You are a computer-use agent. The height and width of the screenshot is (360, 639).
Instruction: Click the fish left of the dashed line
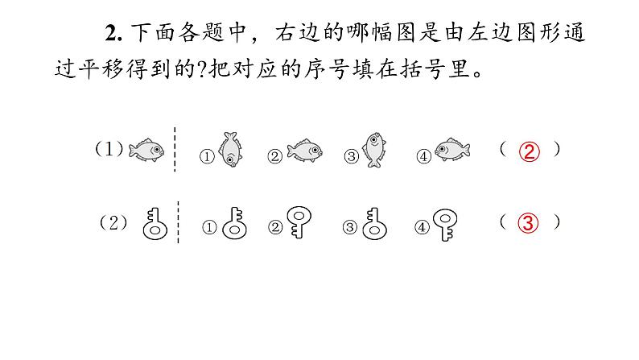(146, 149)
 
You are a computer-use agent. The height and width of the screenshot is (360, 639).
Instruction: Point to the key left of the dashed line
(153, 223)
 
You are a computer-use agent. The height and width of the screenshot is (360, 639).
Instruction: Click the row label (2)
(113, 225)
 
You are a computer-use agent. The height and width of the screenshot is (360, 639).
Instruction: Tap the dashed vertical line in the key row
(178, 223)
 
